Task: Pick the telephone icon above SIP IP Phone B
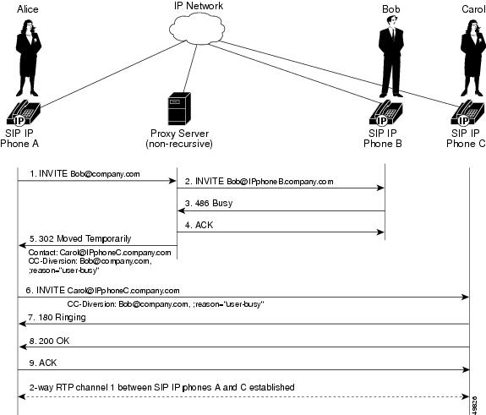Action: pos(388,113)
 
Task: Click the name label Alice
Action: pos(27,9)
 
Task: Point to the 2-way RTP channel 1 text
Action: pos(161,387)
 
